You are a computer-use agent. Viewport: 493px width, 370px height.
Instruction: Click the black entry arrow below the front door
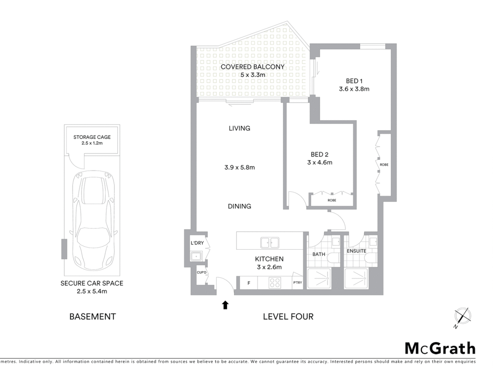[x=225, y=305]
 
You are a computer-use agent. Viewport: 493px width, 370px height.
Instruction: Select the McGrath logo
[x=440, y=348]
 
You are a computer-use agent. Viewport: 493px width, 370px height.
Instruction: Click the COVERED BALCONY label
[x=252, y=67]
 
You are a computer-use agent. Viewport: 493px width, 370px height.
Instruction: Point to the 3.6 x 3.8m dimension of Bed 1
[x=354, y=89]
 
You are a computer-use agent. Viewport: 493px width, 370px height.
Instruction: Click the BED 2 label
[x=319, y=155]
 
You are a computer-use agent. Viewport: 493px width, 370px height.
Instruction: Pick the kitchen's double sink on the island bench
[x=269, y=243]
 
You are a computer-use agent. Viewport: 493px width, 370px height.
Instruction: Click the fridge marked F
[x=249, y=283]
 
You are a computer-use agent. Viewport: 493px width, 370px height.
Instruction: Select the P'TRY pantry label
[x=297, y=283]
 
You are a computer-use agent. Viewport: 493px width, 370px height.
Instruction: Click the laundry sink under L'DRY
[x=196, y=256]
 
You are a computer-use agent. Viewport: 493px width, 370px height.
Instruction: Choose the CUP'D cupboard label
[x=202, y=273]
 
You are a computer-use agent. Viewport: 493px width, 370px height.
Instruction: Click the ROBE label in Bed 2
[x=332, y=200]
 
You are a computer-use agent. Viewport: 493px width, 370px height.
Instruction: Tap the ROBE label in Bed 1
[x=384, y=165]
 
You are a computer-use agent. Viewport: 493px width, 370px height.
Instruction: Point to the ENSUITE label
[x=356, y=251]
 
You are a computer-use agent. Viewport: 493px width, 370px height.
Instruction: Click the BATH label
[x=319, y=254]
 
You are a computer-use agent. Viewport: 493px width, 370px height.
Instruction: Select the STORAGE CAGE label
[x=92, y=137]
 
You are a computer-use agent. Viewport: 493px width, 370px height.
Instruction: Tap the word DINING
[x=239, y=206]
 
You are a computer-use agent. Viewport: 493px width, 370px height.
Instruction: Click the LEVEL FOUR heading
[x=288, y=317]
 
